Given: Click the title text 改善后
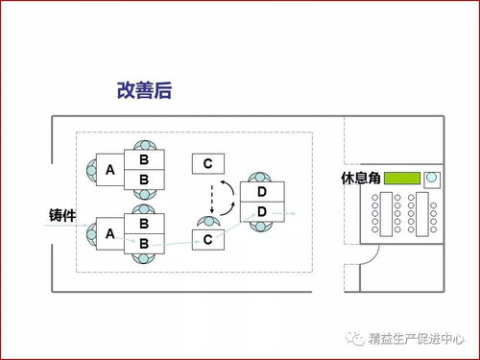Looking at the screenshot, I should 143,92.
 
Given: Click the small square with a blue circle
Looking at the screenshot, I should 432,179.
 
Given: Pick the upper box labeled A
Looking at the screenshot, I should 109,169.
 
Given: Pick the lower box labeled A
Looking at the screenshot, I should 109,233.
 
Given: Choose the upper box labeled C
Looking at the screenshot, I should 207,164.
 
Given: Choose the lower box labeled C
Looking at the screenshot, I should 207,239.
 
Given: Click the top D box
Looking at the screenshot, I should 261,192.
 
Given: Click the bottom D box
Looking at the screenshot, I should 261,211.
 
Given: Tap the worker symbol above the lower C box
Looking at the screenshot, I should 207,222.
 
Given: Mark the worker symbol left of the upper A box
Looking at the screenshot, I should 89,169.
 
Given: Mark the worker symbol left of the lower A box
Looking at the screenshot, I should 89,233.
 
